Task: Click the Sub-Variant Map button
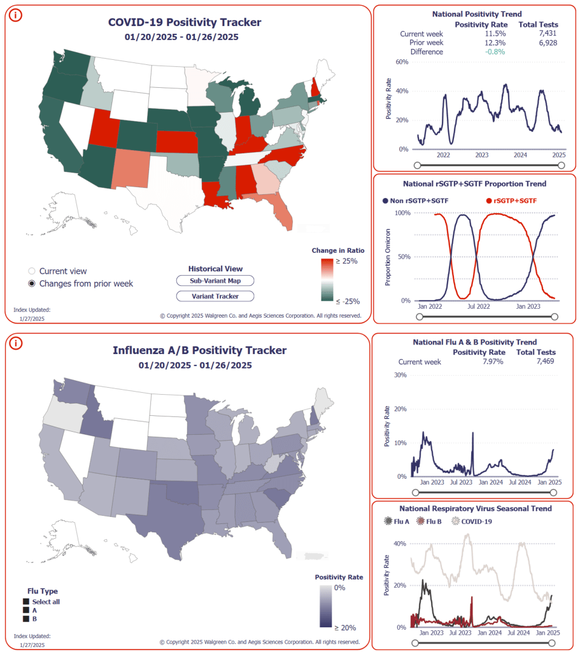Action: click(x=215, y=281)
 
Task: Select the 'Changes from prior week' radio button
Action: click(x=32, y=283)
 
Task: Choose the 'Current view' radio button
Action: click(x=32, y=271)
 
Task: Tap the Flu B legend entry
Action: click(x=433, y=521)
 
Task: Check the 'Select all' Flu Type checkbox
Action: click(x=26, y=602)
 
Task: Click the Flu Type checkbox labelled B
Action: click(x=26, y=618)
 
